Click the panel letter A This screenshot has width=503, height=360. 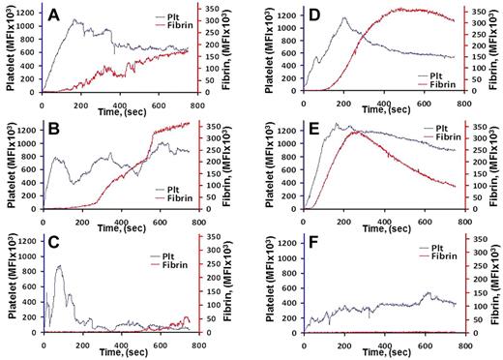coord(57,15)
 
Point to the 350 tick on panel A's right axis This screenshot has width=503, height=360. coord(222,10)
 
